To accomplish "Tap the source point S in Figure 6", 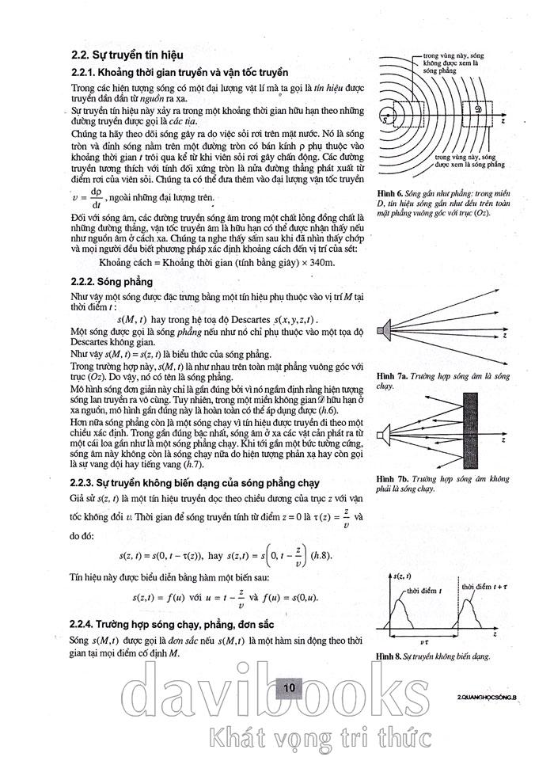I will (x=385, y=120).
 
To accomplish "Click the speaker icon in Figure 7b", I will (x=384, y=435).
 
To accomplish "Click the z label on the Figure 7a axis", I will (x=504, y=335).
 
